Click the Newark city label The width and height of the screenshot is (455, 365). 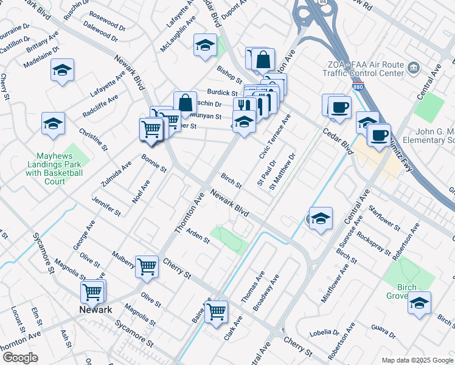click(x=96, y=310)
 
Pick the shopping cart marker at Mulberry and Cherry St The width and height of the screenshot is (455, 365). click(x=147, y=266)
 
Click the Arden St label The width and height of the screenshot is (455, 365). click(x=198, y=236)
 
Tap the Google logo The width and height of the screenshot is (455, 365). click(x=20, y=358)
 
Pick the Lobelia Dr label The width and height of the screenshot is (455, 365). click(x=327, y=333)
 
